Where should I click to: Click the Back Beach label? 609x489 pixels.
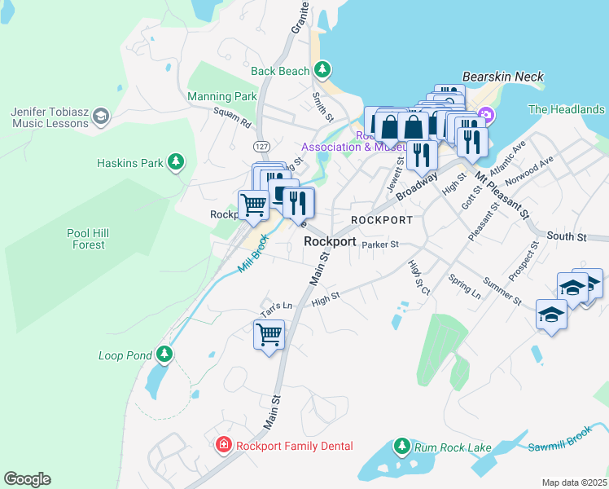pos(280,71)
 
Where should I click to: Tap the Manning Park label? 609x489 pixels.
pos(222,96)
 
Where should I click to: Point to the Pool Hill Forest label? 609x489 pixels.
pos(88,239)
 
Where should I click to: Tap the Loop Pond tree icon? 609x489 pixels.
pos(165,355)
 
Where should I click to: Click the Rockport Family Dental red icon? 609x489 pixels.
pos(222,445)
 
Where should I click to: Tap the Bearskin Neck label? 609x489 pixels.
pos(502,77)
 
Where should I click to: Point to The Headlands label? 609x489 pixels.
pos(566,109)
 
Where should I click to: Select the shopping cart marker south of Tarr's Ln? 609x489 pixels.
pos(269,334)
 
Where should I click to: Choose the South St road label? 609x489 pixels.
pos(566,236)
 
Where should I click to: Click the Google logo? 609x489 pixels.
pos(27,479)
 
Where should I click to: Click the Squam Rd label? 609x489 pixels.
pos(232,117)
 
